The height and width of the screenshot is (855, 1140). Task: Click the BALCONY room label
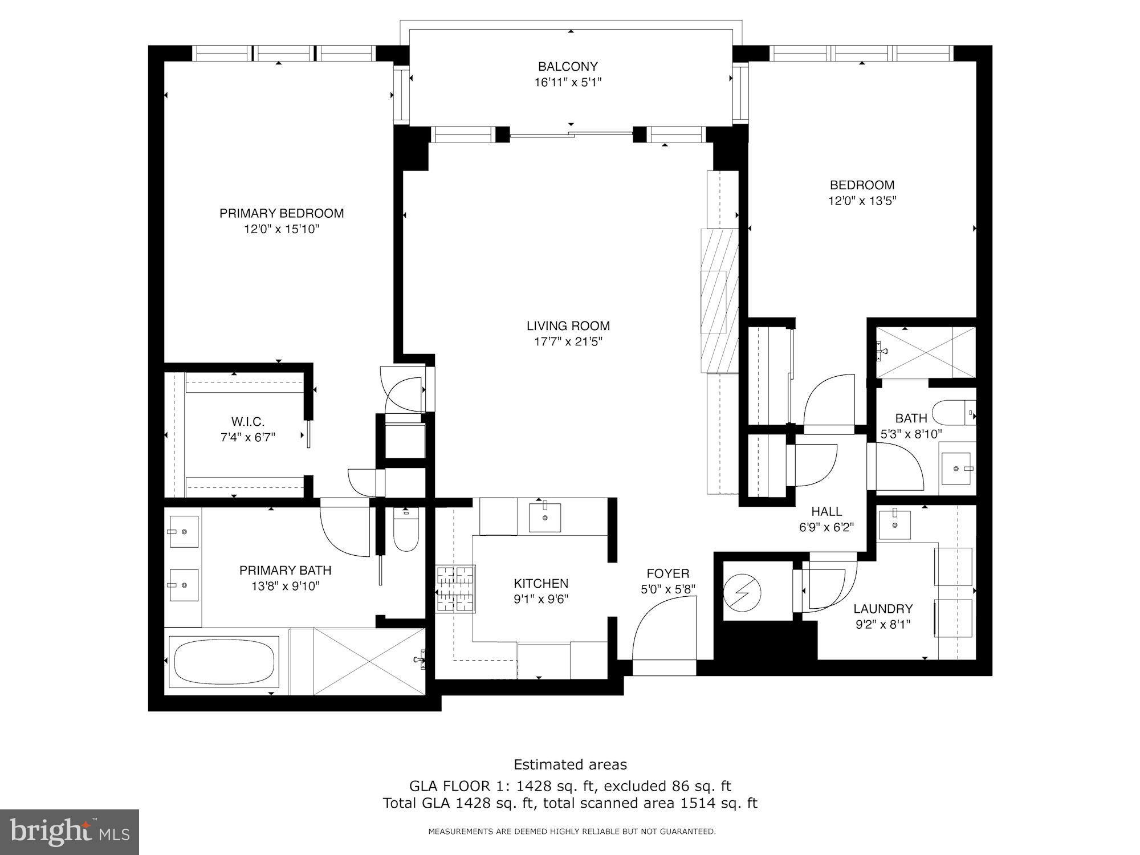[x=568, y=67]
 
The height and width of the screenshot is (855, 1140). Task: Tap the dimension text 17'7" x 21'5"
[x=568, y=342]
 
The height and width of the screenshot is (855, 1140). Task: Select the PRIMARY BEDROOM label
[x=282, y=213]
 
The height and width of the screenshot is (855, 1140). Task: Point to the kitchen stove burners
[x=455, y=589]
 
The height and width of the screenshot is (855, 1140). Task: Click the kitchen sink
[x=545, y=516]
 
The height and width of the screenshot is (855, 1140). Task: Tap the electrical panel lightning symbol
[x=742, y=594]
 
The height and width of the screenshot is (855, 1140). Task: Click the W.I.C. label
[x=248, y=422]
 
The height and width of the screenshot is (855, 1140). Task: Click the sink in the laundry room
[x=894, y=524]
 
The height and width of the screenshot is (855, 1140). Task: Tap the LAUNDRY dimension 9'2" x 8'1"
[x=883, y=624]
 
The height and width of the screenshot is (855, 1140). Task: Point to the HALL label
[x=826, y=511]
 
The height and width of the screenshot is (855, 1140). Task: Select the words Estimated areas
[x=570, y=764]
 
